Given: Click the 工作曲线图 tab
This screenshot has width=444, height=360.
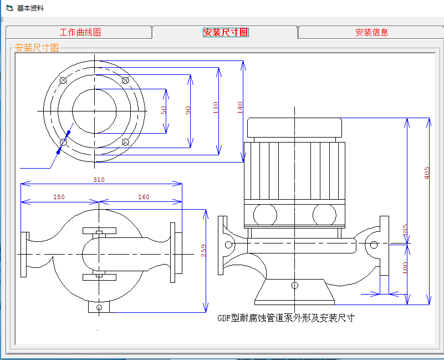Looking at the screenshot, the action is pyautogui.click(x=80, y=32).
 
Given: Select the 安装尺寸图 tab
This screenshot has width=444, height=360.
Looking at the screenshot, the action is pyautogui.click(x=226, y=32).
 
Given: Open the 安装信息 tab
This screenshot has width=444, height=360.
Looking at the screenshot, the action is pyautogui.click(x=371, y=32).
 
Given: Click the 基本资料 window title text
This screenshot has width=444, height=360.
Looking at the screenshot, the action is pyautogui.click(x=30, y=8).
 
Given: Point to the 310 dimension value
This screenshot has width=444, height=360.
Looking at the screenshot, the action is pyautogui.click(x=99, y=180).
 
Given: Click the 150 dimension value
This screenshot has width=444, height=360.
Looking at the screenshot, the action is pyautogui.click(x=59, y=197).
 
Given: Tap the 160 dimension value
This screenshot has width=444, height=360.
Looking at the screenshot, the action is pyautogui.click(x=144, y=197).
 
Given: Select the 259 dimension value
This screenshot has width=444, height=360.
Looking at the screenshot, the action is pyautogui.click(x=203, y=251).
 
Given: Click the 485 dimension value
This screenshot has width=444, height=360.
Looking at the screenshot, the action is pyautogui.click(x=427, y=173).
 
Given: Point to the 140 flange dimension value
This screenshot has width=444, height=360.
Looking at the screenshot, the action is pyautogui.click(x=240, y=108).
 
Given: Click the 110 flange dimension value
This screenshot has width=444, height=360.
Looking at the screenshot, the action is pyautogui.click(x=216, y=108).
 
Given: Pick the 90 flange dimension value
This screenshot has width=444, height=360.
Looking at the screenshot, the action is pyautogui.click(x=188, y=110).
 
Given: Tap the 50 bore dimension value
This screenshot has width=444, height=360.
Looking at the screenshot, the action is pyautogui.click(x=164, y=110).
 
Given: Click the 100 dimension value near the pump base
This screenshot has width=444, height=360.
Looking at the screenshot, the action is pyautogui.click(x=405, y=268).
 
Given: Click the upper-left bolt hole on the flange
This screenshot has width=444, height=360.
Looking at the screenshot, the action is pyautogui.click(x=63, y=80).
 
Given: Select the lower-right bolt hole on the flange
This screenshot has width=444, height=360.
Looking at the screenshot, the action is pyautogui.click(x=125, y=142).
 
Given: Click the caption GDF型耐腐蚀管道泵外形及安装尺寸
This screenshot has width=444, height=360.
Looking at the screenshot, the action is pyautogui.click(x=286, y=318).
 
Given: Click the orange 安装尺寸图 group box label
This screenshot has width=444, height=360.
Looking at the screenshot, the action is pyautogui.click(x=37, y=48).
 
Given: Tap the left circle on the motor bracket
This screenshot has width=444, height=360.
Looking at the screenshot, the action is pyautogui.click(x=265, y=215).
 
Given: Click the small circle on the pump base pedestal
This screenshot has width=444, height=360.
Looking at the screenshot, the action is pyautogui.click(x=295, y=286).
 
